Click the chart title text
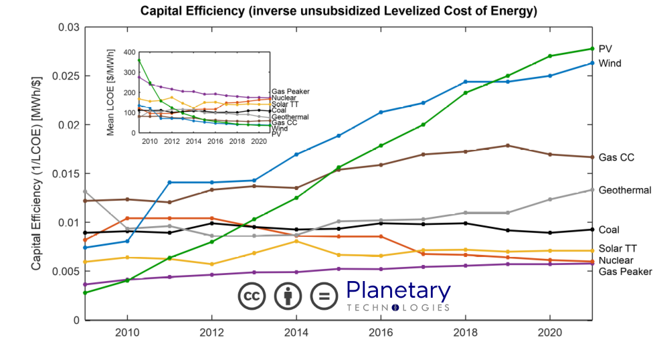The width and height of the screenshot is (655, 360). click(x=339, y=11)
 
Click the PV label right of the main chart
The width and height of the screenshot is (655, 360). click(x=605, y=48)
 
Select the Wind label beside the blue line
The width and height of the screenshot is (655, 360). click(x=610, y=64)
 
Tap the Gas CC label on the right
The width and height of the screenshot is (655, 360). click(x=616, y=158)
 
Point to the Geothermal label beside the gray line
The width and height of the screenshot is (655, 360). click(x=626, y=190)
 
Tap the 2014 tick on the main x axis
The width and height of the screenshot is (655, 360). click(x=297, y=333)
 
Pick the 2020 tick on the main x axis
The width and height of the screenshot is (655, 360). click(x=549, y=333)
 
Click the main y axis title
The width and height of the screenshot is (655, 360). click(x=37, y=173)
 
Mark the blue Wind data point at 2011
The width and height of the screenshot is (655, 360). click(x=170, y=182)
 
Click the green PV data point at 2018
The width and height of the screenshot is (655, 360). click(x=466, y=93)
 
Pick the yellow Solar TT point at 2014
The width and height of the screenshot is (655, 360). click(x=296, y=241)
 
